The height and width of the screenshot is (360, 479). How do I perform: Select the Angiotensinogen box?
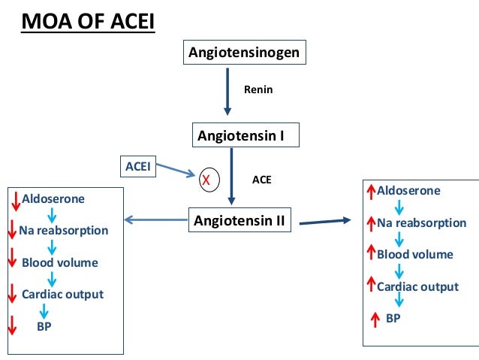(245, 53)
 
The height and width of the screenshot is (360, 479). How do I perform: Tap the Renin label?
(258, 89)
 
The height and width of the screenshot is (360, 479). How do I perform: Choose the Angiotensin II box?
(243, 221)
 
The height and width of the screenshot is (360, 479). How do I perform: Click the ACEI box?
(137, 166)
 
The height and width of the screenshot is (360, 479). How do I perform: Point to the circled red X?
(205, 180)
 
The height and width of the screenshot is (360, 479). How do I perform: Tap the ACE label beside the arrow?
(262, 180)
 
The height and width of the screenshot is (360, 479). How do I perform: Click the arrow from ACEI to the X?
(175, 172)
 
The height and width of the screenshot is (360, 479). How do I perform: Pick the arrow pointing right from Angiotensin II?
(324, 222)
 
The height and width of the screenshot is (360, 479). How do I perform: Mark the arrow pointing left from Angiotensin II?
(153, 220)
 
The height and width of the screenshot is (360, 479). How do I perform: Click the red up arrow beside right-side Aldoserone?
(370, 192)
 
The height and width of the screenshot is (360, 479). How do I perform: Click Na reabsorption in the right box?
(421, 223)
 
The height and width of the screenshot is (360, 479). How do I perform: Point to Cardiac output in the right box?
(417, 286)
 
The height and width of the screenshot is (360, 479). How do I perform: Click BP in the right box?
(393, 318)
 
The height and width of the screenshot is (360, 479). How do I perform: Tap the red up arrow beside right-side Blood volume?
(370, 254)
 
